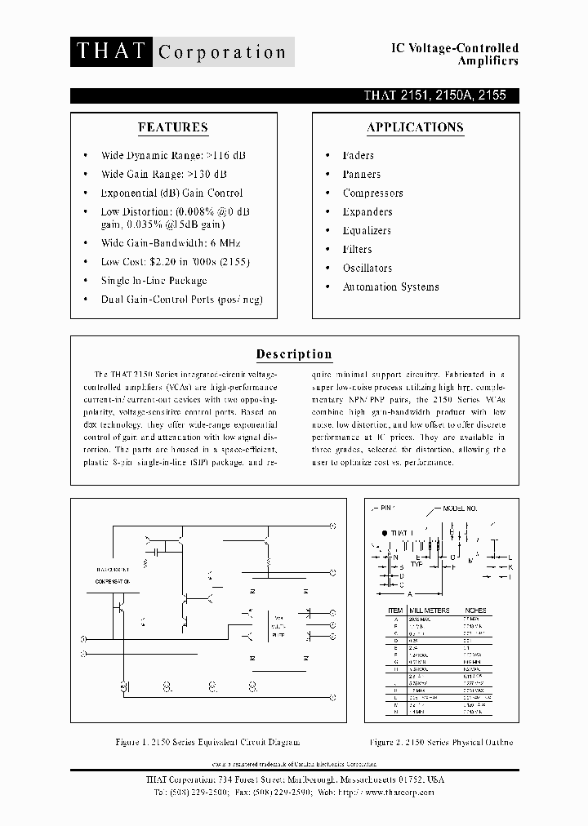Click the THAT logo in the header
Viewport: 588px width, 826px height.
click(x=111, y=51)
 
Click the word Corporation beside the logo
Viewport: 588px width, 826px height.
click(x=221, y=52)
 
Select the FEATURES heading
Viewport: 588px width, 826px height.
click(x=172, y=127)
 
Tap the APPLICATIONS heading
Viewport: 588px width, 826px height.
click(x=415, y=127)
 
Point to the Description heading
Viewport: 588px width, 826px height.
click(x=294, y=354)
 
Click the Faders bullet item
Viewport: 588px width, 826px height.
click(x=358, y=155)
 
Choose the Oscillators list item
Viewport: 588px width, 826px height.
click(x=367, y=268)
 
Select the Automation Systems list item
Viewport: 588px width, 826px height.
click(x=390, y=286)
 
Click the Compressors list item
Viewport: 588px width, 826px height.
click(x=372, y=193)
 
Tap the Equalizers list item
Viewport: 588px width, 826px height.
click(x=367, y=230)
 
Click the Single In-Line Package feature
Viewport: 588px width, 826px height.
click(x=154, y=280)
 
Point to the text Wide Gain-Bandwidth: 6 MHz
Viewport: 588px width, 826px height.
click(x=171, y=242)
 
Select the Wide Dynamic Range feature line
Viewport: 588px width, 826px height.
click(x=173, y=154)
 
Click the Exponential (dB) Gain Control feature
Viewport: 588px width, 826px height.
click(x=171, y=193)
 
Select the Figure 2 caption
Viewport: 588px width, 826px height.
click(x=441, y=742)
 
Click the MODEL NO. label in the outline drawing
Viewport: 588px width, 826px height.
click(x=460, y=508)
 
